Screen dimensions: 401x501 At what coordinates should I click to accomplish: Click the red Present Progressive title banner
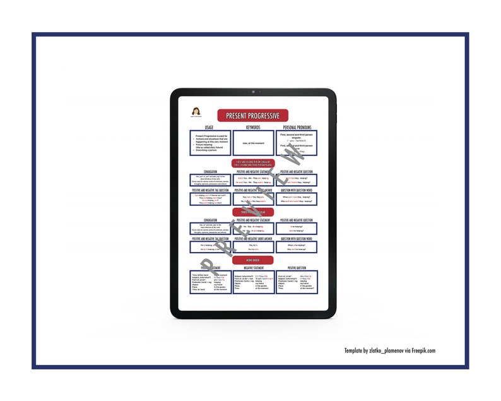(252, 116)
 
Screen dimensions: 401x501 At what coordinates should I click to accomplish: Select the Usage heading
(209, 128)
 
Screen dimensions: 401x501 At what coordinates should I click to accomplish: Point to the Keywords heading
(252, 128)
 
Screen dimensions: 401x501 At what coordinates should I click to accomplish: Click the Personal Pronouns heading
(296, 128)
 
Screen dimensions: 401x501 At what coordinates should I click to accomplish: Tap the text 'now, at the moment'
(252, 143)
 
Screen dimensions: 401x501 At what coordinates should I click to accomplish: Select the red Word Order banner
(252, 260)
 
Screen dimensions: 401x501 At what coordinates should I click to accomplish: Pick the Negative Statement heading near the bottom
(252, 268)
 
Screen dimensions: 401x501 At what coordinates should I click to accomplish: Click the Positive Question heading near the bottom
(296, 268)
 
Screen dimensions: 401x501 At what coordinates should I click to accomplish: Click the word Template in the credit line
(355, 350)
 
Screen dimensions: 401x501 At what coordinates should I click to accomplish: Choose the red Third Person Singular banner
(252, 212)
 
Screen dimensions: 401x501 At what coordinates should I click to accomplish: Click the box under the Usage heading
(209, 143)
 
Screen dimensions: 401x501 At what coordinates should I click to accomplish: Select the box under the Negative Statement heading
(252, 282)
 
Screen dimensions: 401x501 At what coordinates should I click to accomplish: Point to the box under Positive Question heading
(296, 282)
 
